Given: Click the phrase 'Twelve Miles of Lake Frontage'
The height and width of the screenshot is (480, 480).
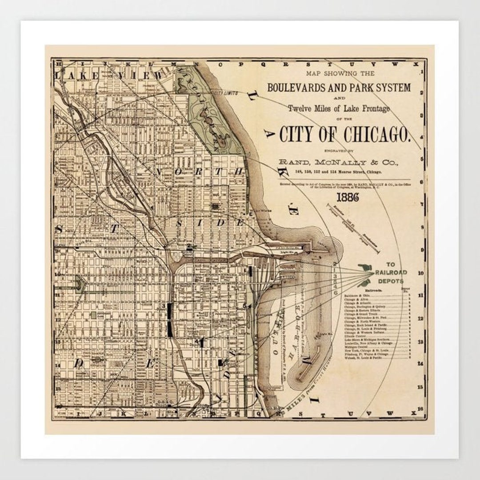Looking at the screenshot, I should click(x=338, y=108).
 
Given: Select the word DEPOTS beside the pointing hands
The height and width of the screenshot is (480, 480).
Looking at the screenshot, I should click(x=390, y=281).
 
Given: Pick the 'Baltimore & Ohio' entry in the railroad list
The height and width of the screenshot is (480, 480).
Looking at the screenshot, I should click(x=357, y=295).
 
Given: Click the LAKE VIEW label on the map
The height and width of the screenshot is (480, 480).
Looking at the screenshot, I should click(x=109, y=76).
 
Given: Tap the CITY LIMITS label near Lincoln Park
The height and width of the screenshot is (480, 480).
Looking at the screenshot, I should click(x=225, y=93).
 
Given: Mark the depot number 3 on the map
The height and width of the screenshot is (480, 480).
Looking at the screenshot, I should click(x=164, y=306).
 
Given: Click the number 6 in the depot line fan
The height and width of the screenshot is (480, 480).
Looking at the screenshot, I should click(x=335, y=293).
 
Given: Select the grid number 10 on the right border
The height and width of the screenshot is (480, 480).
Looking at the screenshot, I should click(x=420, y=273).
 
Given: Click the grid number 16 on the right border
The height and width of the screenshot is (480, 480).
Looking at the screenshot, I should click(x=420, y=409).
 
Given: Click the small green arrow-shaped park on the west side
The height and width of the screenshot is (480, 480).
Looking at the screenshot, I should click(x=80, y=284).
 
